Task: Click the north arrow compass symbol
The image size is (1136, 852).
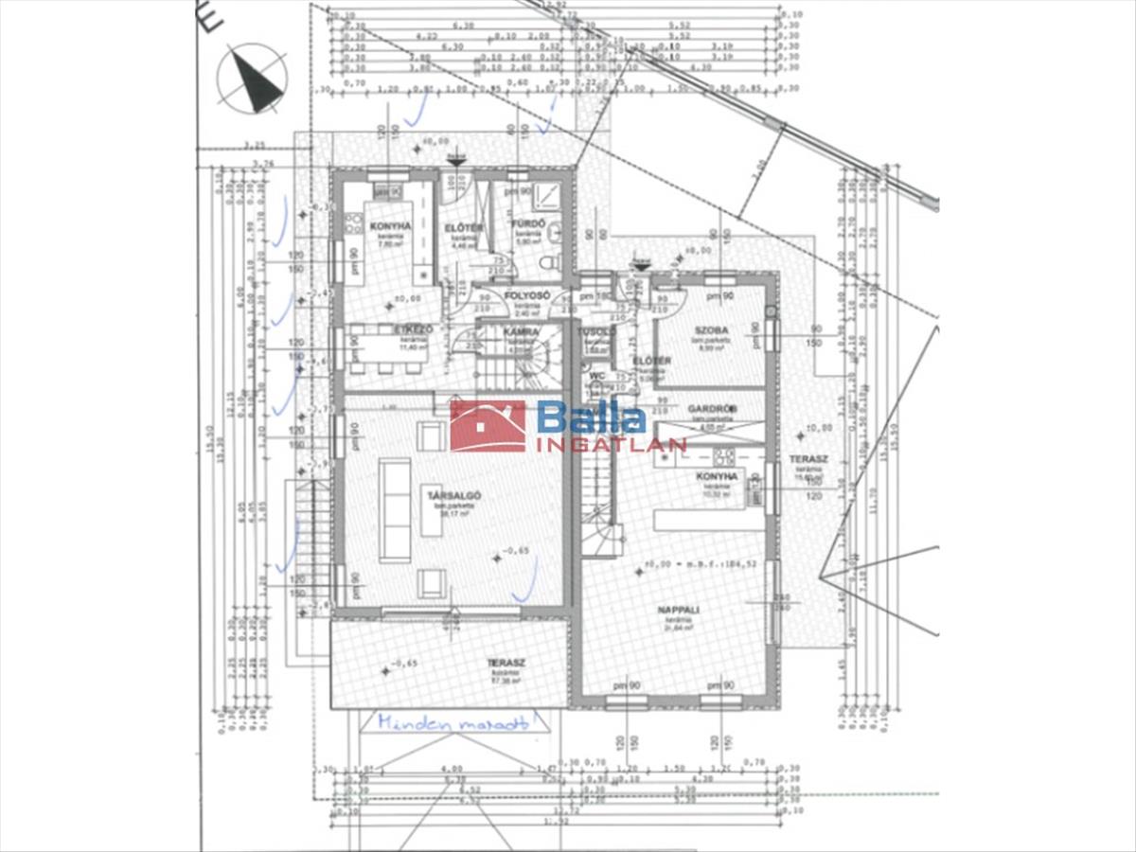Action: click(252, 80)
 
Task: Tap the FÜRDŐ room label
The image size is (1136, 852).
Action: click(526, 224)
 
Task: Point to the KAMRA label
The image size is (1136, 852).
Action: click(522, 332)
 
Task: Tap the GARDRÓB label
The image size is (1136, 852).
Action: click(713, 409)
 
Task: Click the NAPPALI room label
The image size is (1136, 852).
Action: click(678, 611)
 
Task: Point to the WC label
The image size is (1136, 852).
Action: click(596, 376)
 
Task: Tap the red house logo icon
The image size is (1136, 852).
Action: click(488, 426)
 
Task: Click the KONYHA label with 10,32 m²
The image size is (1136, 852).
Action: click(717, 477)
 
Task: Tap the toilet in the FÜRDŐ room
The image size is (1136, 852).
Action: click(548, 260)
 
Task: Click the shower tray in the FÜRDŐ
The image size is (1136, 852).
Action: click(547, 196)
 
